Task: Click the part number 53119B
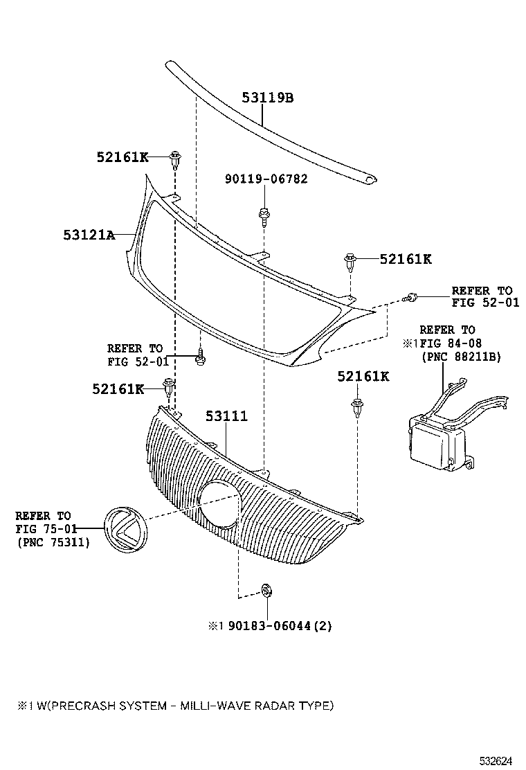point(268,98)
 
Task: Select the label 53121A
point(89,235)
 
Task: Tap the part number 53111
point(226,416)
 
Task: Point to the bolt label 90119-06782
point(266,179)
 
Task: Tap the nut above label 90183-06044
point(266,591)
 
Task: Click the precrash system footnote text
point(176,706)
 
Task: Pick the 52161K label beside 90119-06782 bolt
point(405,259)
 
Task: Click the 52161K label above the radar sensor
point(363,376)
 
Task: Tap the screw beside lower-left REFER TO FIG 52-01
point(201,358)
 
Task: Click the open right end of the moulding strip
point(372,181)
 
